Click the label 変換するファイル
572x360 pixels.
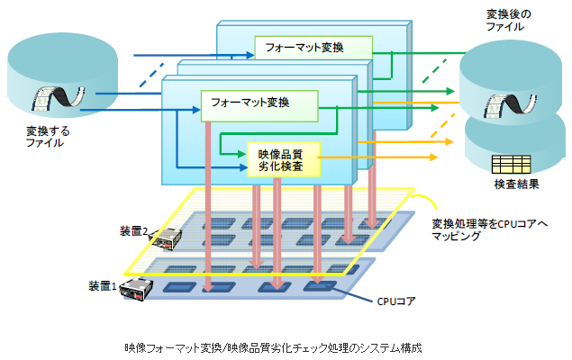click(x=47, y=137)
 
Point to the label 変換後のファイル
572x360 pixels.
click(x=509, y=20)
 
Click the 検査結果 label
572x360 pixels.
click(x=515, y=184)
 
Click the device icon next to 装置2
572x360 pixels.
click(x=167, y=238)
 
